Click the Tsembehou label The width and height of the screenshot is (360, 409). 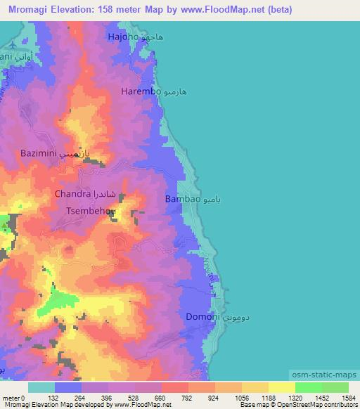(89, 210)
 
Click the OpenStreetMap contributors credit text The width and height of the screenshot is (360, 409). (318, 405)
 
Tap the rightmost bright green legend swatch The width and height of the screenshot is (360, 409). (335, 387)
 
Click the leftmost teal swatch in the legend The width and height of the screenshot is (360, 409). (41, 387)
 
